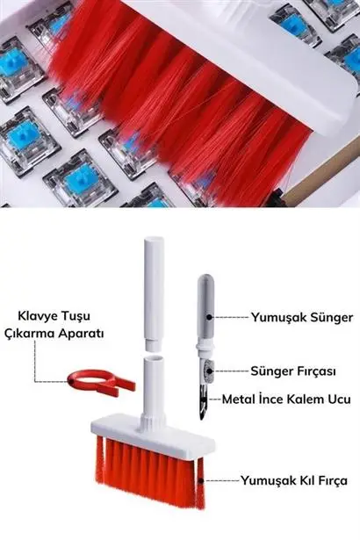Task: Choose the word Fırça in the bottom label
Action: tap(331, 481)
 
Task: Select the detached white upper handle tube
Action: tap(154, 294)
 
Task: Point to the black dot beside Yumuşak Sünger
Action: tap(209, 317)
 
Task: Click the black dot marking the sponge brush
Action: tap(209, 371)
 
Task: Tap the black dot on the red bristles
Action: tap(200, 480)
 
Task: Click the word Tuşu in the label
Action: tap(76, 316)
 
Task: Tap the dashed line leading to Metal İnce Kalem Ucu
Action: tap(214, 400)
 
